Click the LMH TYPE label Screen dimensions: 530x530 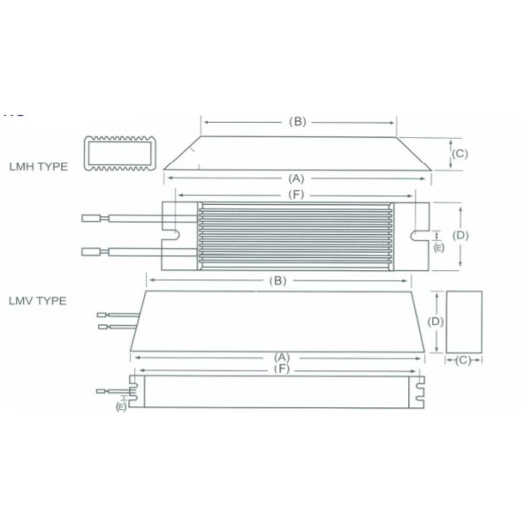[x=38, y=167]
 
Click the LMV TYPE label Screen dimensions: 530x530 [x=37, y=301]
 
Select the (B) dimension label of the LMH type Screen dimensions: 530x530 [x=298, y=122]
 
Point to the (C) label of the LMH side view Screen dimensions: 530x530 [x=460, y=154]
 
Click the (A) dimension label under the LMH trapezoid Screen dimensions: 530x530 [x=297, y=178]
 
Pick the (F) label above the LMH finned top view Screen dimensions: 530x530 [x=296, y=194]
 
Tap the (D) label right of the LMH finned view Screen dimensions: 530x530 [x=460, y=235]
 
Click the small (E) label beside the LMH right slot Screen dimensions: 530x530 [x=439, y=247]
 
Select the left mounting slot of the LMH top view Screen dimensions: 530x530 [x=171, y=235]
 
